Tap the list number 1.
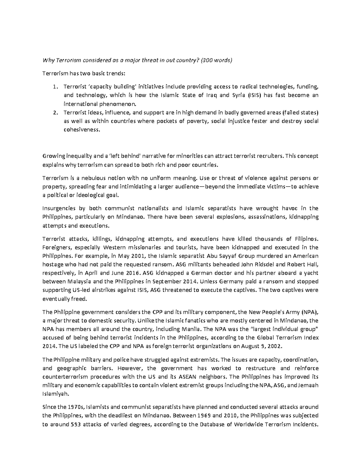click(x=55, y=87)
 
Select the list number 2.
click(x=55, y=113)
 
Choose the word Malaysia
click(x=81, y=281)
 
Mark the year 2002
click(x=275, y=346)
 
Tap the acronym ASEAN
click(x=189, y=377)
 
